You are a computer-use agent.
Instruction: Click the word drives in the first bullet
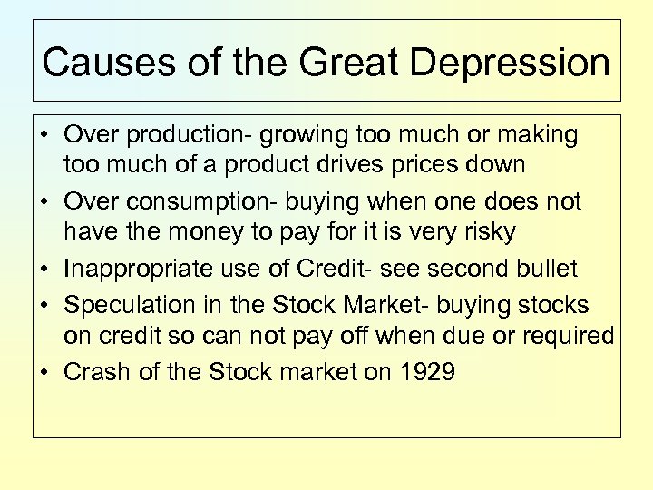click(375, 165)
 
